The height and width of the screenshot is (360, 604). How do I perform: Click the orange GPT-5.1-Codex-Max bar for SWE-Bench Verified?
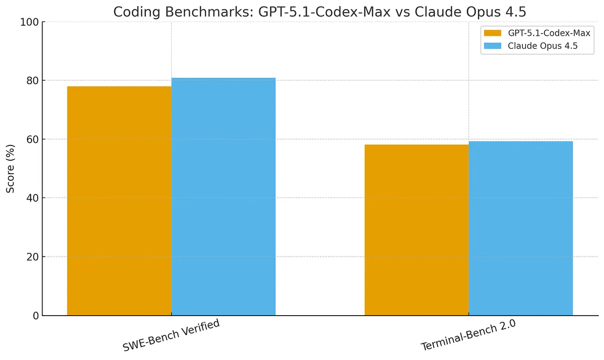pos(119,201)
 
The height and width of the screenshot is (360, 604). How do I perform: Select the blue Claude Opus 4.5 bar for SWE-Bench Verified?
pos(223,197)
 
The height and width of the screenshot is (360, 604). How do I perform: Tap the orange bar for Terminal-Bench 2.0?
pos(417,230)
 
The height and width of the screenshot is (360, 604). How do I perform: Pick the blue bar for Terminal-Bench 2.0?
pos(520,228)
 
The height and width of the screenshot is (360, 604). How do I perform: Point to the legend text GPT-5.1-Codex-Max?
pos(549,33)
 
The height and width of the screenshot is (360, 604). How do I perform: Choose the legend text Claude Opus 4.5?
pos(543,46)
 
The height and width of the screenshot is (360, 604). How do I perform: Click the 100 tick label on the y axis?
pos(30,22)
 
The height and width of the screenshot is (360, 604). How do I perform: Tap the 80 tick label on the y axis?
pos(32,81)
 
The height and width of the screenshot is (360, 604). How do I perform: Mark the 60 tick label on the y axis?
pos(32,139)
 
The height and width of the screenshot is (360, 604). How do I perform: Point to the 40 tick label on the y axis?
pos(32,198)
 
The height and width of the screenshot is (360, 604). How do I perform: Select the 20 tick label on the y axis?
pos(32,257)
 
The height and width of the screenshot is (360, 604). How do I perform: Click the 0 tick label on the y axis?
pos(35,316)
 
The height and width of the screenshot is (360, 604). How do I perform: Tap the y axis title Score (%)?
pos(10,168)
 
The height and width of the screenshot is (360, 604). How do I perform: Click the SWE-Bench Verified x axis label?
pos(171,335)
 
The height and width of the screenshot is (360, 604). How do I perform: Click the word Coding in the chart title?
pos(133,11)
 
